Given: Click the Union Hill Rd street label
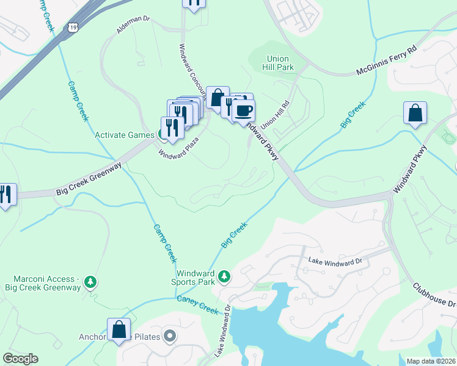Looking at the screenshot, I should [x=275, y=115].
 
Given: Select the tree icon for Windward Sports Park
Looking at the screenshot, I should [x=224, y=276].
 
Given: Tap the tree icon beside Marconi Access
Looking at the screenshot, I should [x=90, y=281].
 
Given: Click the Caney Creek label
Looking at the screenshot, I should [x=197, y=304].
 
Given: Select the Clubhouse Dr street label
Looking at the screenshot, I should [x=434, y=295].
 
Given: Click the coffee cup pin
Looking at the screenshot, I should [x=243, y=110].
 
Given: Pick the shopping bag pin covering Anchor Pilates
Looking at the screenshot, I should [x=119, y=329].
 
